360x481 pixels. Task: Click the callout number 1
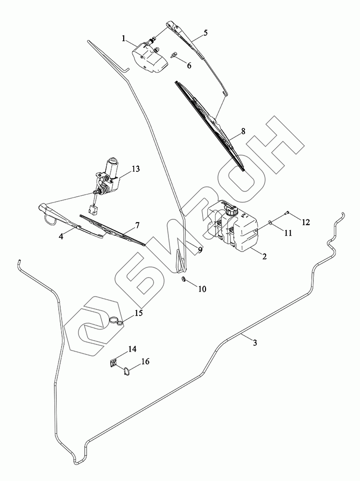tap(124, 38)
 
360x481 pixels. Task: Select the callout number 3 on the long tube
tap(255, 342)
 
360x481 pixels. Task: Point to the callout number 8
tap(243, 130)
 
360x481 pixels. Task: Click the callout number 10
tap(202, 289)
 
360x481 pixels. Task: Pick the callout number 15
tap(139, 313)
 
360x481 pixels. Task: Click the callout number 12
tap(306, 222)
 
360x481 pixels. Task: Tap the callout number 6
tap(189, 65)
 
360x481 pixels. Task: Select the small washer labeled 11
tap(270, 223)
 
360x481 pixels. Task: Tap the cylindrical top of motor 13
tap(114, 165)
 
